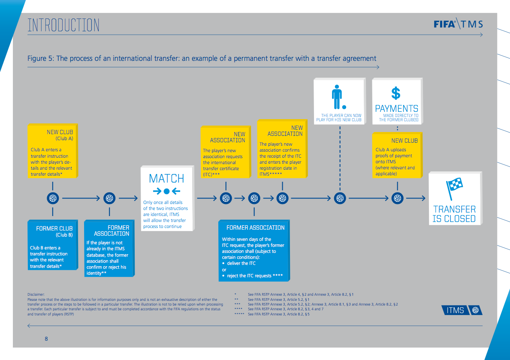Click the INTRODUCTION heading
63,25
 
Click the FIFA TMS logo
458,24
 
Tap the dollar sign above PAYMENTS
396,93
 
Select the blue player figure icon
338,97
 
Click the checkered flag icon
454,189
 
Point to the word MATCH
166,178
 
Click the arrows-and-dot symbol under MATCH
166,191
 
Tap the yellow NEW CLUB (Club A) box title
60,135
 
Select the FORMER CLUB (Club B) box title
54,231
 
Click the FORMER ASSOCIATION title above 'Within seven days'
255,228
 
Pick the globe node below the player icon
340,198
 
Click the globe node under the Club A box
53,198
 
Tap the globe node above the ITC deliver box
254,198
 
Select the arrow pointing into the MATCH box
128,198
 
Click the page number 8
46,339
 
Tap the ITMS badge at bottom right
462,310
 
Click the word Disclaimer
36,294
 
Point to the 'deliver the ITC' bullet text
241,263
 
